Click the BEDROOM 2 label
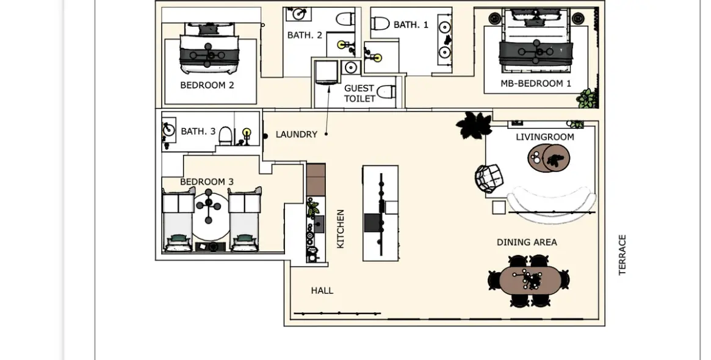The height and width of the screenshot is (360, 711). (208, 85)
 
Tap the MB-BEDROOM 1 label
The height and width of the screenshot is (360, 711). (535, 84)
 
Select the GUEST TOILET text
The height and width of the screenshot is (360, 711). (359, 93)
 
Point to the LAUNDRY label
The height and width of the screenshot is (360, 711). (297, 135)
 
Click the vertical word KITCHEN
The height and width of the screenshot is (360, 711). (341, 229)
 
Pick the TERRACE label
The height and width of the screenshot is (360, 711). (622, 255)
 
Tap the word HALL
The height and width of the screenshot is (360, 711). (322, 290)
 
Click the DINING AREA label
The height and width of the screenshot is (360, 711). (527, 243)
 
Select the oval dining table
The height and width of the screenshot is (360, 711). (529, 279)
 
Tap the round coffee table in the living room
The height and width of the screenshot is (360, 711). (548, 158)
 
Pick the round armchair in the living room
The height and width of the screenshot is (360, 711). (489, 178)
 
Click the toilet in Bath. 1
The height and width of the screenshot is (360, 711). (380, 23)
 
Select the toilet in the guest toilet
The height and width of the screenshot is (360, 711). (386, 92)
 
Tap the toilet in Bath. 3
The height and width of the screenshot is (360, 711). (226, 135)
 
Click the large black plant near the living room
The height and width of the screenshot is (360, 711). (474, 124)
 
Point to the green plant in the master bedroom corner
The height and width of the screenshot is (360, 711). (586, 99)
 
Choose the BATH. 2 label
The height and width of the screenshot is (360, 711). (305, 35)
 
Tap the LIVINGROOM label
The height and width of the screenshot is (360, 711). (545, 137)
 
